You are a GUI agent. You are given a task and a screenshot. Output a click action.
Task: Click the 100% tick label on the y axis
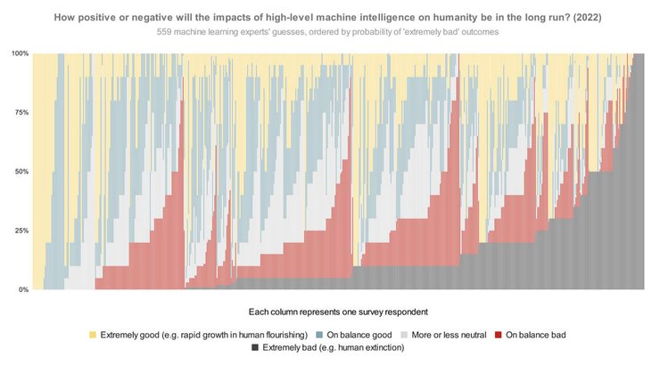20,53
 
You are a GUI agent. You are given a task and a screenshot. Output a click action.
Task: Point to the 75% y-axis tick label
21,113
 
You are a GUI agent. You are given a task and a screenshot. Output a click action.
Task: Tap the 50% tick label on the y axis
21,172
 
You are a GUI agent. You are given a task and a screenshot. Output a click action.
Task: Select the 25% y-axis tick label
21,231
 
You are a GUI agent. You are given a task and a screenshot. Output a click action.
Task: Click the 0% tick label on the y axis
23,290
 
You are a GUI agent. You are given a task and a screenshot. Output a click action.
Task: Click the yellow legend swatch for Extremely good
93,335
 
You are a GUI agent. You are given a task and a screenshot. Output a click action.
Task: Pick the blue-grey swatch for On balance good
319,335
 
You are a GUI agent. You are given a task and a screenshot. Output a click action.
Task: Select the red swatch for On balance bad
499,335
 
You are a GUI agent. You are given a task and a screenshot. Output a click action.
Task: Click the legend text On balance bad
536,335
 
